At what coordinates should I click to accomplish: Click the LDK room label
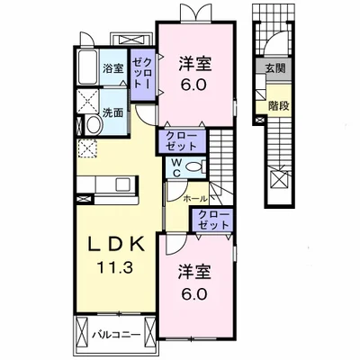(x=116, y=246)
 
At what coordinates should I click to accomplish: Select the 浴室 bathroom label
(x=112, y=68)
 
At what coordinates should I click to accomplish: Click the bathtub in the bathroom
(x=88, y=67)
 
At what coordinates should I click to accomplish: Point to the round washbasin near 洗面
(x=93, y=126)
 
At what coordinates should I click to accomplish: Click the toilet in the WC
(x=194, y=166)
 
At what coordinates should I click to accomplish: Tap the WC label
(x=176, y=167)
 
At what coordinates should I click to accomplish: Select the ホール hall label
(x=194, y=199)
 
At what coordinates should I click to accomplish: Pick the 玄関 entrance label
(x=274, y=68)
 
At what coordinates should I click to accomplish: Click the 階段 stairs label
(x=279, y=106)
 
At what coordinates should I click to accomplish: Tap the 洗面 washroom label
(x=112, y=113)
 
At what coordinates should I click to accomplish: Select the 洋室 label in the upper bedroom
(x=195, y=64)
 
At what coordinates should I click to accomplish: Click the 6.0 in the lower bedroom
(x=194, y=294)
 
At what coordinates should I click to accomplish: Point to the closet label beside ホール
(x=214, y=220)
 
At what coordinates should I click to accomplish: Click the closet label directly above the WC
(x=182, y=141)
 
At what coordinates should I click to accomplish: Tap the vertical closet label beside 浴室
(x=142, y=73)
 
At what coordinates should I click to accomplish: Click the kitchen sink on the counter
(x=122, y=184)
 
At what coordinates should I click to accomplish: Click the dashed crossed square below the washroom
(x=86, y=148)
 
